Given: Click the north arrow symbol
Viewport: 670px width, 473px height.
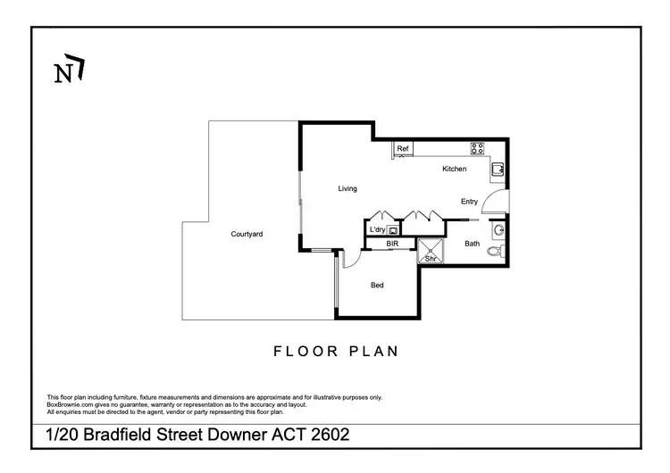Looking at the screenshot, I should (x=69, y=71).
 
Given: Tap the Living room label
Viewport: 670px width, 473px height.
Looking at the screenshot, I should (x=348, y=188).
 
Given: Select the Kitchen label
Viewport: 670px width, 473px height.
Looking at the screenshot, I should (x=454, y=169).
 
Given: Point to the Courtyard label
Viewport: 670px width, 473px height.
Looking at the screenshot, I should (x=247, y=234).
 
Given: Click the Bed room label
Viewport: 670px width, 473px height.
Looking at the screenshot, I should (x=377, y=285).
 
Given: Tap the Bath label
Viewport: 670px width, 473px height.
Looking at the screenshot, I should (x=472, y=243).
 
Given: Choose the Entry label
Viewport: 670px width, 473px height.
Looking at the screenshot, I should (x=469, y=202).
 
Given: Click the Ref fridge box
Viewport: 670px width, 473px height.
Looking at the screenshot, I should (x=403, y=149).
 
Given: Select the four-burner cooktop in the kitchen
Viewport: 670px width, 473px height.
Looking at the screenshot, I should (x=478, y=149).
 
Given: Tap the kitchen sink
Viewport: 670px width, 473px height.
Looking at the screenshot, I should (x=498, y=169).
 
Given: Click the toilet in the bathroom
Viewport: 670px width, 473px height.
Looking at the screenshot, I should (x=494, y=252).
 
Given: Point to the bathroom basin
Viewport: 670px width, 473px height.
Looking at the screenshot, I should (x=499, y=229).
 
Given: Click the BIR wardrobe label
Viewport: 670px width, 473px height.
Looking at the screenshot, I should (x=391, y=243).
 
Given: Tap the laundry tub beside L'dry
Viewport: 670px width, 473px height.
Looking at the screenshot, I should (x=393, y=229).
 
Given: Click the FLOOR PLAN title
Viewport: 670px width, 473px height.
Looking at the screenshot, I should (x=336, y=352).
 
